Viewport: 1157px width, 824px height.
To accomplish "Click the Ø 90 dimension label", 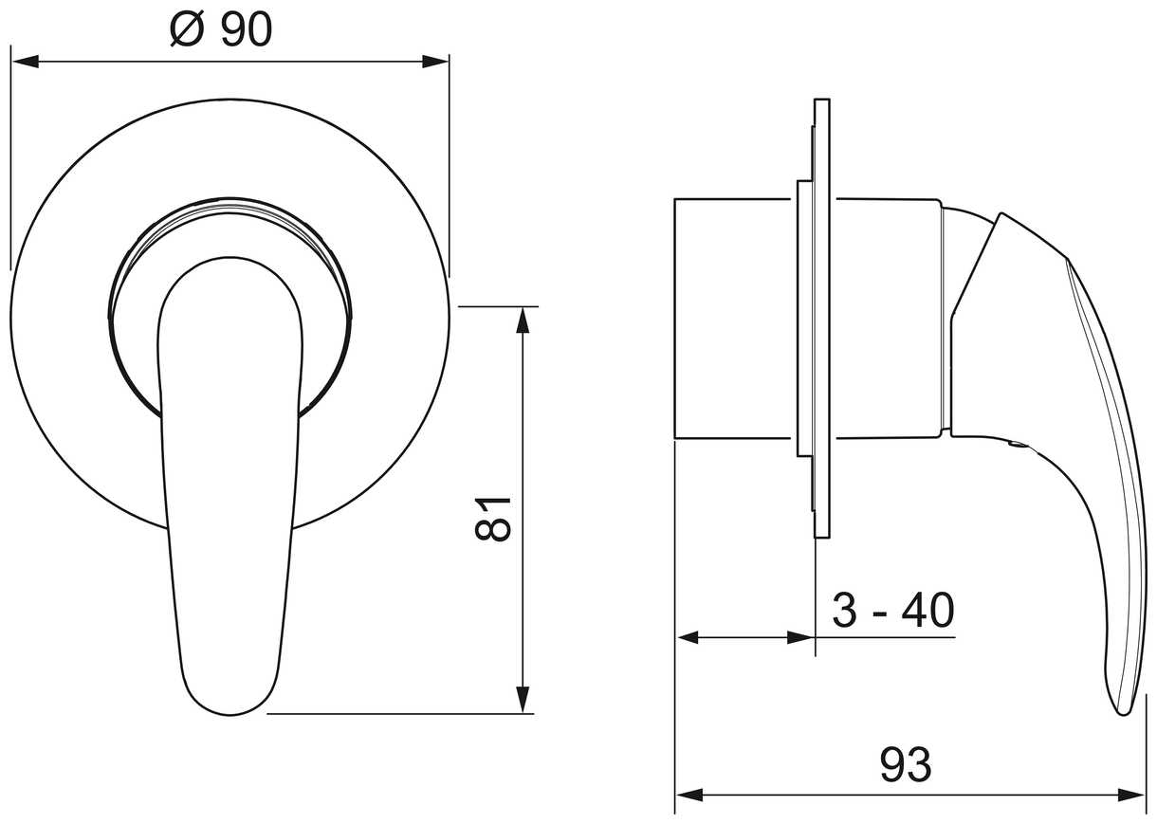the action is (221, 29).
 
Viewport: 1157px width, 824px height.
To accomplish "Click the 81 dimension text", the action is (493, 519).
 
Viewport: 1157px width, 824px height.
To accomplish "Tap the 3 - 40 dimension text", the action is (893, 611).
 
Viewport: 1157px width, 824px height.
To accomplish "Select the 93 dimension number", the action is (906, 764).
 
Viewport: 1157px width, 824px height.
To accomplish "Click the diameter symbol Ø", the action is (187, 29).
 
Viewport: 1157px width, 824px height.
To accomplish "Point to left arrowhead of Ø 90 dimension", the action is (26, 62).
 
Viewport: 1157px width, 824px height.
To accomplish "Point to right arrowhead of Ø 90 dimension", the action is (435, 62).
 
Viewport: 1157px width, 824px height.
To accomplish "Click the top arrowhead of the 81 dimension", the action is (523, 320).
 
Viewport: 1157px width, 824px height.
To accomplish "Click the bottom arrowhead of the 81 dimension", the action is (523, 700).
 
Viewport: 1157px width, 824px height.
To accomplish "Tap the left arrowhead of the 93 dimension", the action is (690, 809).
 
